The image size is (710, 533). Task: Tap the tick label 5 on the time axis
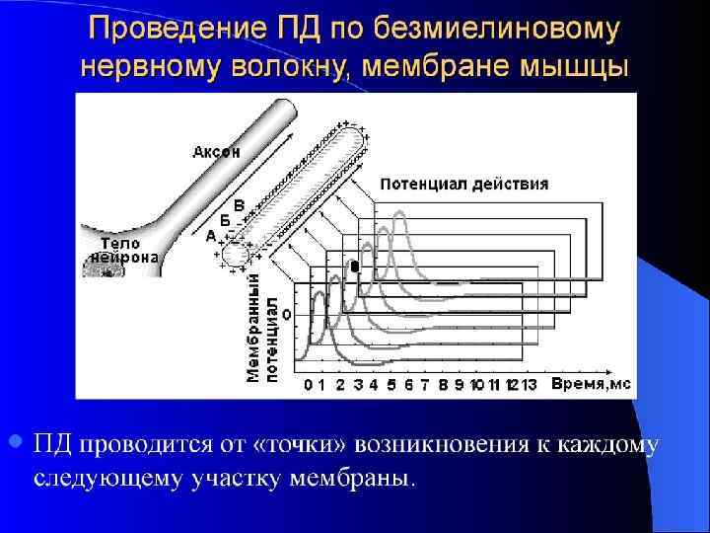[x=390, y=383]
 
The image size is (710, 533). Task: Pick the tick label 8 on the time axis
[x=444, y=383]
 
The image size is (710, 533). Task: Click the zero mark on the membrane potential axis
[x=286, y=314]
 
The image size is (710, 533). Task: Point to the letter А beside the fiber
[x=210, y=237]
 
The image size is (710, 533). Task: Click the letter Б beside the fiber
[x=224, y=219]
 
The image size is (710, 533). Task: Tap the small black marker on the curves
[x=355, y=266]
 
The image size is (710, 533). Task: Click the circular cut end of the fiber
[x=236, y=255]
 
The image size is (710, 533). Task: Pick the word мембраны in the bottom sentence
[x=358, y=479]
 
